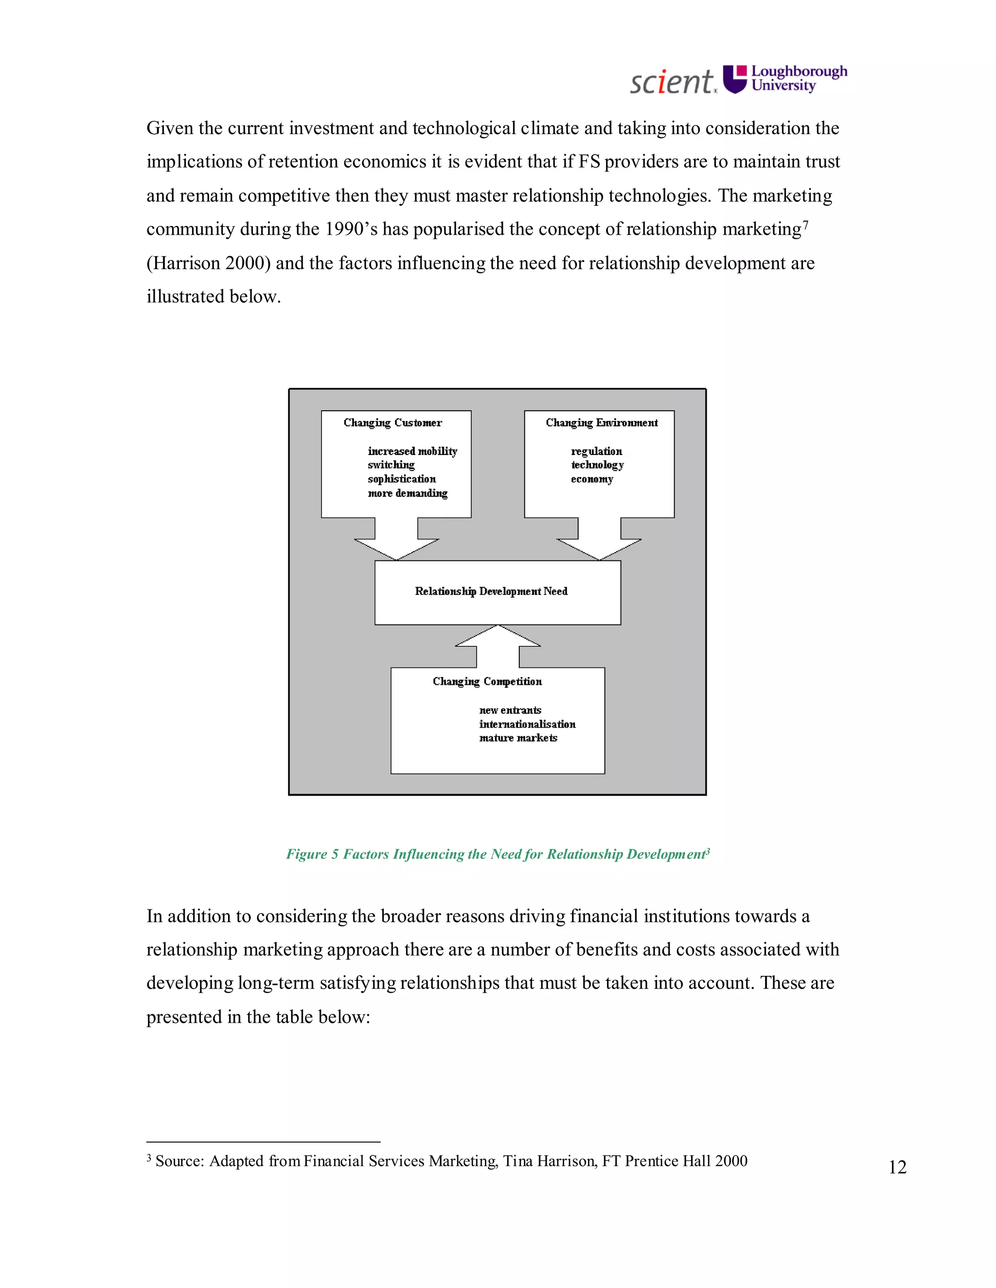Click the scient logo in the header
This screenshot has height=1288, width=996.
pyautogui.click(x=673, y=81)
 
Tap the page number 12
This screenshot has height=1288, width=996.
pyautogui.click(x=897, y=1167)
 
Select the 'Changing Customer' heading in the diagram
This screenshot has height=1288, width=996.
pyautogui.click(x=392, y=423)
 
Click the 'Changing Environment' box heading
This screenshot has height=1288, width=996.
pyautogui.click(x=601, y=423)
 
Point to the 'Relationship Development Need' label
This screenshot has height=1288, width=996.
pyautogui.click(x=491, y=592)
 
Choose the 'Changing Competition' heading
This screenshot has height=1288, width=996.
pyautogui.click(x=487, y=682)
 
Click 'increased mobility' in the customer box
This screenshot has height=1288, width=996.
pyautogui.click(x=412, y=451)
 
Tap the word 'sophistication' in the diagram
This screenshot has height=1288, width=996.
pyautogui.click(x=402, y=479)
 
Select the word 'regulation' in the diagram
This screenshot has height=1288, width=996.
pyautogui.click(x=596, y=451)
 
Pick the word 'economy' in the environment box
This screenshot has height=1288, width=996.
pyautogui.click(x=592, y=479)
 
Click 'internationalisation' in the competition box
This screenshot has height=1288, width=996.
pyautogui.click(x=527, y=724)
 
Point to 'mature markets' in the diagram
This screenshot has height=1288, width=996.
pyautogui.click(x=518, y=738)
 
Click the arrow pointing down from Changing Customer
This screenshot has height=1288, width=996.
pyautogui.click(x=396, y=540)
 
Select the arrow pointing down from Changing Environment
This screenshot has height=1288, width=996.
pyautogui.click(x=599, y=540)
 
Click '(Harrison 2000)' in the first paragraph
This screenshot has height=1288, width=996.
pyautogui.click(x=208, y=263)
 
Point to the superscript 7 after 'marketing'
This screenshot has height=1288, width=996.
pyautogui.click(x=805, y=224)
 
